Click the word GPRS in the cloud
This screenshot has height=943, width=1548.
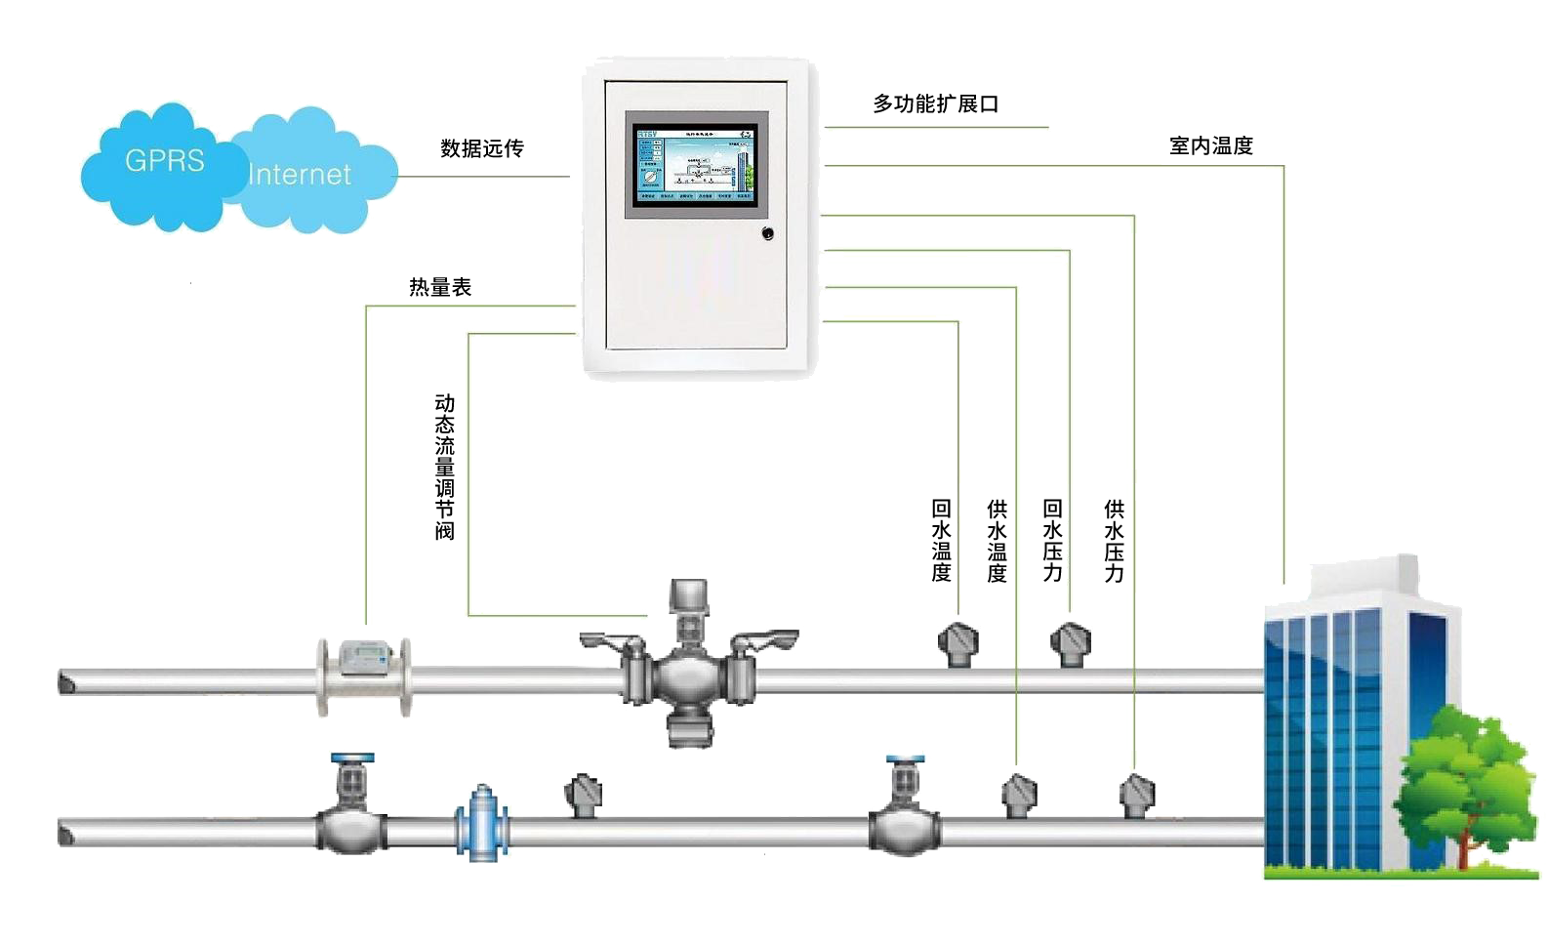pos(164,160)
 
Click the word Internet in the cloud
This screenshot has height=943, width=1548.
pos(299,175)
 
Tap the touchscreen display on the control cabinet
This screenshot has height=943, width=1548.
pos(696,163)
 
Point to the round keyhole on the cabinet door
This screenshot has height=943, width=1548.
pos(767,233)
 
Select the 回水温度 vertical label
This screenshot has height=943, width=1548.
pos(941,541)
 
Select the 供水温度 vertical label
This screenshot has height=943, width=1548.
pos(997,541)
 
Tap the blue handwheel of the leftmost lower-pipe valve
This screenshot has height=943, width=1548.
pos(351,758)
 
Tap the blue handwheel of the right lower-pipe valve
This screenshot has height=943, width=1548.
pos(905,759)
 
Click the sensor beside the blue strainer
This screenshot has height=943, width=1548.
pos(584,794)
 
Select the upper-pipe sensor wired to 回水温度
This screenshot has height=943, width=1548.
pos(957,644)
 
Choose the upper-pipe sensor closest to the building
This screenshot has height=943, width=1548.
pos(1070,644)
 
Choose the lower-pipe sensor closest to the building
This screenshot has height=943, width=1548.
pos(1135,795)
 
